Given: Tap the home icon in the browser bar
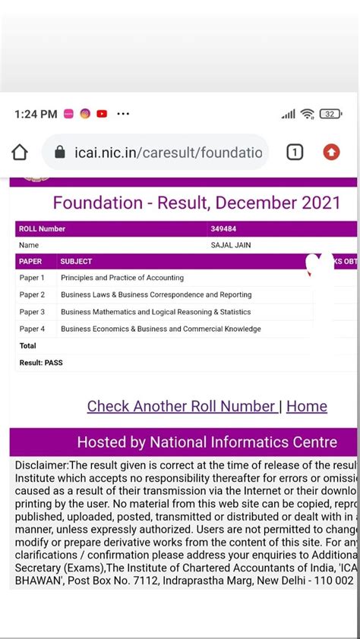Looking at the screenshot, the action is [x=20, y=153].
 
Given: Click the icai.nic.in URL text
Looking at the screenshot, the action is [x=169, y=153].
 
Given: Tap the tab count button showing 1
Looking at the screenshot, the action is [x=295, y=153].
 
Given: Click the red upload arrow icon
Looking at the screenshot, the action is [x=332, y=153].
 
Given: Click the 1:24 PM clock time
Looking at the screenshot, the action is [x=36, y=114].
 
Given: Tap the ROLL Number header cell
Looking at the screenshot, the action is [x=42, y=228].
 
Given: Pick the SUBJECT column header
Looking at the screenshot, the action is [x=76, y=261].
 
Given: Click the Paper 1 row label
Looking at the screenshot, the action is [x=32, y=278].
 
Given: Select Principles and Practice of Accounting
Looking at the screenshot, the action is [x=122, y=278].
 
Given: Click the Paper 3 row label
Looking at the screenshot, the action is [x=32, y=312].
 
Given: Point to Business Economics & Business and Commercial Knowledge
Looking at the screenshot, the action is [x=160, y=329].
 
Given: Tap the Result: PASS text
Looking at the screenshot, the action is [x=41, y=363].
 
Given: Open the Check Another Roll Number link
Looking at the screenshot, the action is [x=182, y=406].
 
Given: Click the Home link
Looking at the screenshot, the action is [x=307, y=406].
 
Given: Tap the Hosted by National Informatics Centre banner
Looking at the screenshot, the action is [x=207, y=442].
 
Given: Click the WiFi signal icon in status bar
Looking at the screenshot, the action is [x=307, y=114].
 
